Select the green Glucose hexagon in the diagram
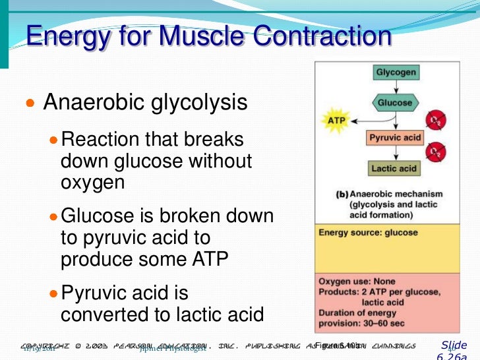coord(395,103)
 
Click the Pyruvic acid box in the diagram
coord(394,138)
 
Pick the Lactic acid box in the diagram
coord(394,169)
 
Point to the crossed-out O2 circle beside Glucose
coord(434,120)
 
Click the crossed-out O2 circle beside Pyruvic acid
coord(434,152)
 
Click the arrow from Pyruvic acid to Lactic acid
coord(395,154)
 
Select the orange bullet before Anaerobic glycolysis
coord(29,103)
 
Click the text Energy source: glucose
coord(368,233)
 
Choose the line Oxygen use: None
coord(357,282)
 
